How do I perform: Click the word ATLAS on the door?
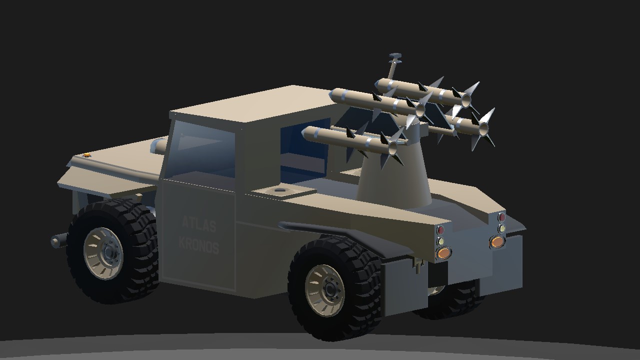pos(199,224)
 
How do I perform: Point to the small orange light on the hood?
pos(86,155)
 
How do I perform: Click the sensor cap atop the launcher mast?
pos(395,55)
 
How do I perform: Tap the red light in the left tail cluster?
pos(440,229)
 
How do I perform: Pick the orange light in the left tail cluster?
pos(443,253)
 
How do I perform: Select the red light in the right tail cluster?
pos(501,217)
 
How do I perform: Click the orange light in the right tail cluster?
pos(497,241)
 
